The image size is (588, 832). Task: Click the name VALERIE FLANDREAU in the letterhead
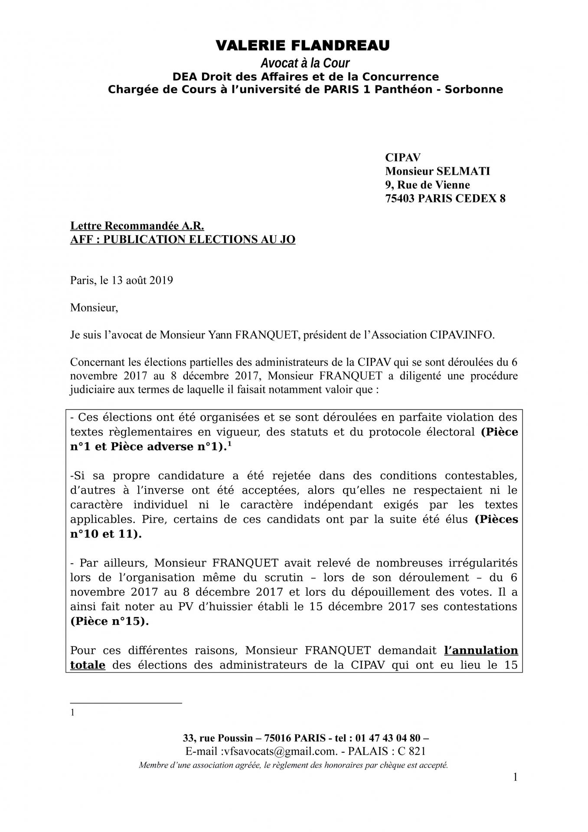tap(303, 45)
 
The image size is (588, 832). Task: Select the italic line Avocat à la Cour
tap(305, 63)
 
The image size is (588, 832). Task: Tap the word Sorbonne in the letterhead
tap(476, 90)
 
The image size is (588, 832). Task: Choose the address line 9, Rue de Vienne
tap(427, 185)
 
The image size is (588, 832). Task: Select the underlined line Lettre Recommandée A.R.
tap(137, 226)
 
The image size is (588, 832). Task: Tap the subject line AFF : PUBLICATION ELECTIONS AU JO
tap(183, 240)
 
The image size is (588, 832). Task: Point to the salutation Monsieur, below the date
tap(94, 308)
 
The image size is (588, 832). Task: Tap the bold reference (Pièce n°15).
tap(109, 621)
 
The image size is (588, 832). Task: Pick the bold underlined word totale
tap(88, 665)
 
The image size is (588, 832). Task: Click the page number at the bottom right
tap(515, 777)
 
